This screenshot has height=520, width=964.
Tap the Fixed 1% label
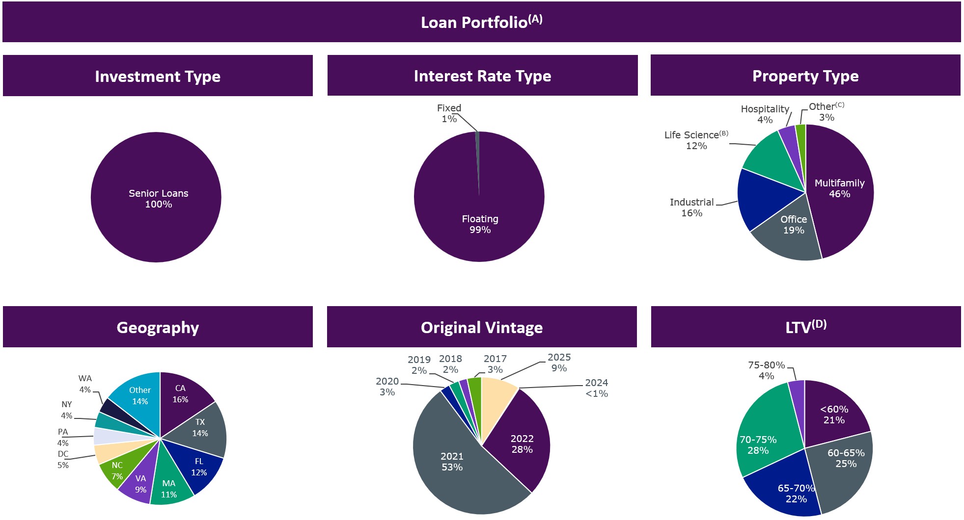[449, 113]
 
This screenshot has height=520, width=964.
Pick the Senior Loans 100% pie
[156, 197]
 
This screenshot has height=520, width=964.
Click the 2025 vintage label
[559, 363]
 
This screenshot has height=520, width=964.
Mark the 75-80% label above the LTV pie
[766, 370]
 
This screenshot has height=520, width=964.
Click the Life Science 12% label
[696, 140]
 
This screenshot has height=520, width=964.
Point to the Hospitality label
[765, 114]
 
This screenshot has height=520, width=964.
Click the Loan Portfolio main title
[481, 22]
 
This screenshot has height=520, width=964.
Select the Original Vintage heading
[481, 327]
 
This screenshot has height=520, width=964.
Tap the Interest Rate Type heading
[482, 76]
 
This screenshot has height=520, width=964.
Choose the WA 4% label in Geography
[85, 384]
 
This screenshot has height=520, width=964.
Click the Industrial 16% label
[691, 208]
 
